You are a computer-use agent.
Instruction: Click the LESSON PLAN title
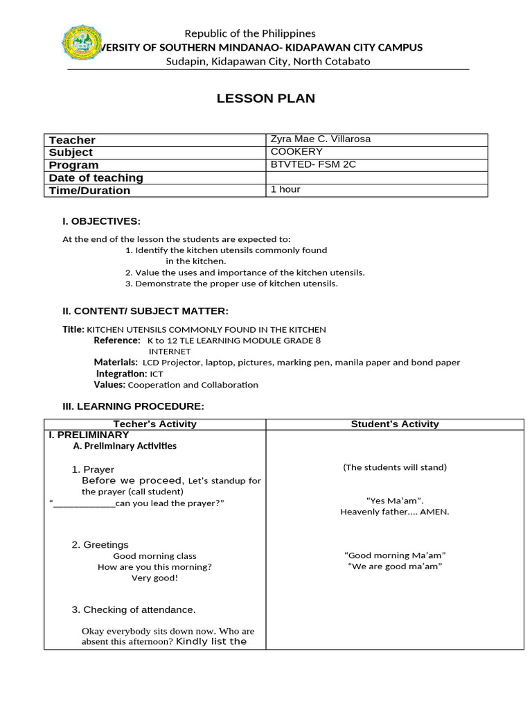(x=265, y=98)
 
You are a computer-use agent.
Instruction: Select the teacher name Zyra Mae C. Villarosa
(x=320, y=139)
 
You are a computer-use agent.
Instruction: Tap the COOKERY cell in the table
(x=296, y=152)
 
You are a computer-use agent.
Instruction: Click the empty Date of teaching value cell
(x=376, y=177)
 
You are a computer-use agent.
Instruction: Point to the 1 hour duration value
(x=285, y=189)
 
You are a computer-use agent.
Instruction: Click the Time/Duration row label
(x=89, y=191)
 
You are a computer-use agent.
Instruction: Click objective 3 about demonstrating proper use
(x=231, y=284)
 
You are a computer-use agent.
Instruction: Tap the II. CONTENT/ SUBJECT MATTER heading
(x=145, y=311)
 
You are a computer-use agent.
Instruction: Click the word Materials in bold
(x=116, y=362)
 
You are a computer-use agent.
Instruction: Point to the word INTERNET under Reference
(x=169, y=352)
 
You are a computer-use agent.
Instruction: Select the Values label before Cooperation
(x=109, y=384)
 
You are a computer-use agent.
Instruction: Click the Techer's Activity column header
(x=154, y=424)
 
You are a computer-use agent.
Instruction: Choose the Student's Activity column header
(x=395, y=424)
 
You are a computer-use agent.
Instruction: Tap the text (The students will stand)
(x=395, y=467)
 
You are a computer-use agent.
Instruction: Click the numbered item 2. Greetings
(x=100, y=545)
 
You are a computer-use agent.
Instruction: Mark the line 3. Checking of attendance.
(x=134, y=609)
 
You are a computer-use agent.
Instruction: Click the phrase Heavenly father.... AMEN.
(x=395, y=512)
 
